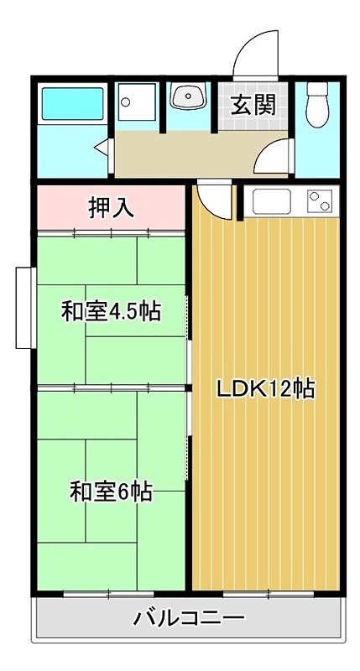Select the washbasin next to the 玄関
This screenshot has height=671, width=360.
click(188, 98)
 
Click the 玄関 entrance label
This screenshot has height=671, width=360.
click(251, 106)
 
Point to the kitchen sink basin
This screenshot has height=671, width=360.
click(271, 202)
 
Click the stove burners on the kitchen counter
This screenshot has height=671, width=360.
click(321, 201)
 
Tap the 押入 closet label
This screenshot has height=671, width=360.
click(112, 207)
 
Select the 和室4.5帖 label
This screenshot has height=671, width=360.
click(111, 312)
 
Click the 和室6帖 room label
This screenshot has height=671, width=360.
click(111, 492)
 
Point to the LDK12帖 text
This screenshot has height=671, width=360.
click(266, 388)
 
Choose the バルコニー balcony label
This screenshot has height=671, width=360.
click(190, 622)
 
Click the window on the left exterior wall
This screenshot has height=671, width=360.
click(24, 308)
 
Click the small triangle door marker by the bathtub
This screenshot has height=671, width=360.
click(102, 150)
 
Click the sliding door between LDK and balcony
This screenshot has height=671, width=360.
click(267, 594)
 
